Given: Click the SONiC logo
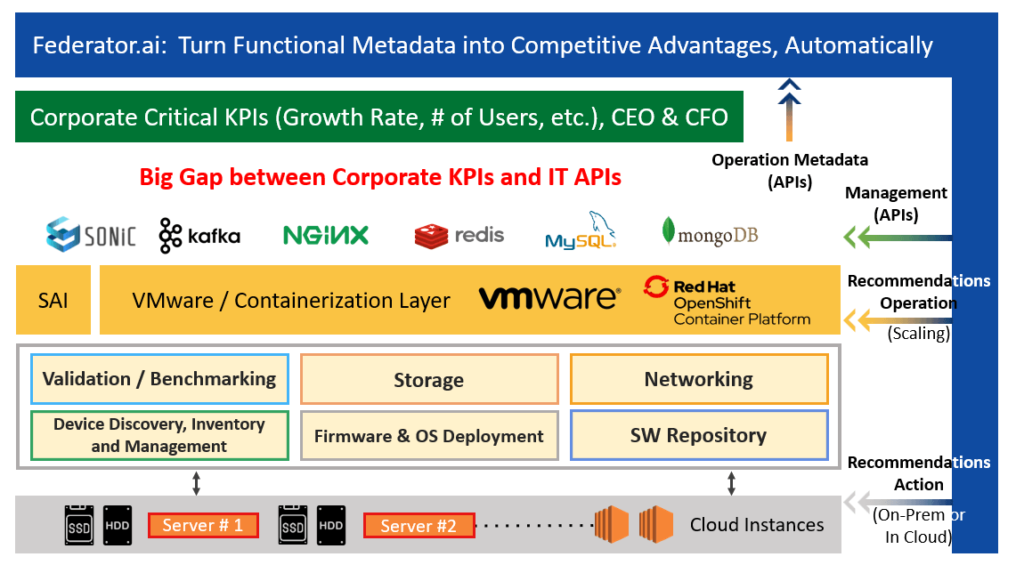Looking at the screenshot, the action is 91,234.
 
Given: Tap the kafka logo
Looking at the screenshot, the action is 199,236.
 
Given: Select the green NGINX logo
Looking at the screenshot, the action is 326,235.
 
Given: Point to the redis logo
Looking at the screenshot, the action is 459,236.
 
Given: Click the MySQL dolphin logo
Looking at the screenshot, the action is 581,230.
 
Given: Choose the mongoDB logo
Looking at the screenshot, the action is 710,233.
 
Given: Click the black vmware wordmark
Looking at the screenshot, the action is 549,298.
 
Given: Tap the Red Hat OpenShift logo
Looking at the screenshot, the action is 727,301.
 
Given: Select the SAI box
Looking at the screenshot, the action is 53,301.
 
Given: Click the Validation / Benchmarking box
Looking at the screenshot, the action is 159,379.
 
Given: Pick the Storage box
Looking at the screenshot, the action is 429,380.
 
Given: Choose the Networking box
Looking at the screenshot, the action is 699,379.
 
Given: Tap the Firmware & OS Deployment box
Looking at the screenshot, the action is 429,436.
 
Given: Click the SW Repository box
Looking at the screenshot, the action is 699,436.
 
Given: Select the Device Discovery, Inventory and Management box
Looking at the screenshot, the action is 159,436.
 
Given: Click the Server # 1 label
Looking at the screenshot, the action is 203,526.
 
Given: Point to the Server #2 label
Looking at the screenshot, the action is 419,526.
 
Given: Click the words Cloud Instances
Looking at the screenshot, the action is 757,525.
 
